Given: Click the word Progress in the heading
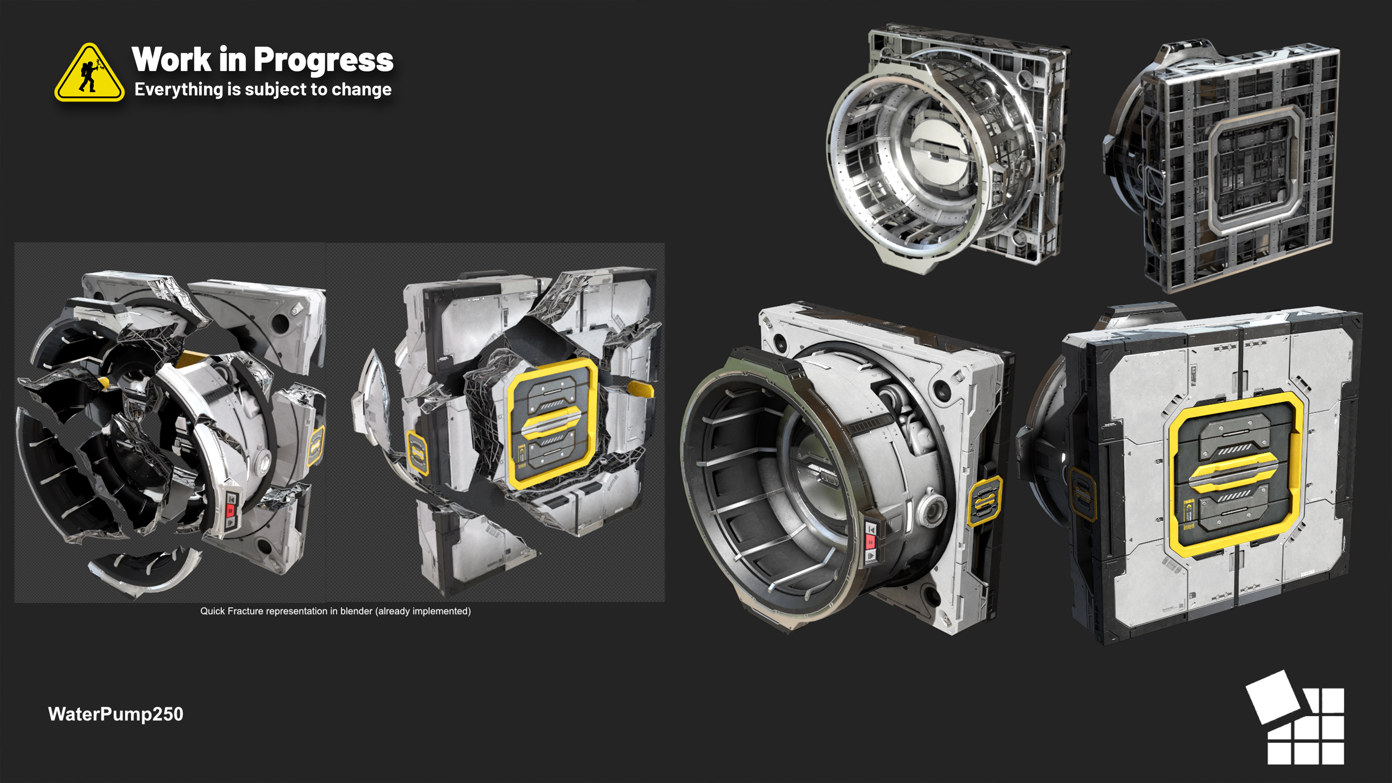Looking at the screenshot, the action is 323,61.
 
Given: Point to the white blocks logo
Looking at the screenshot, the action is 1295,718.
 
